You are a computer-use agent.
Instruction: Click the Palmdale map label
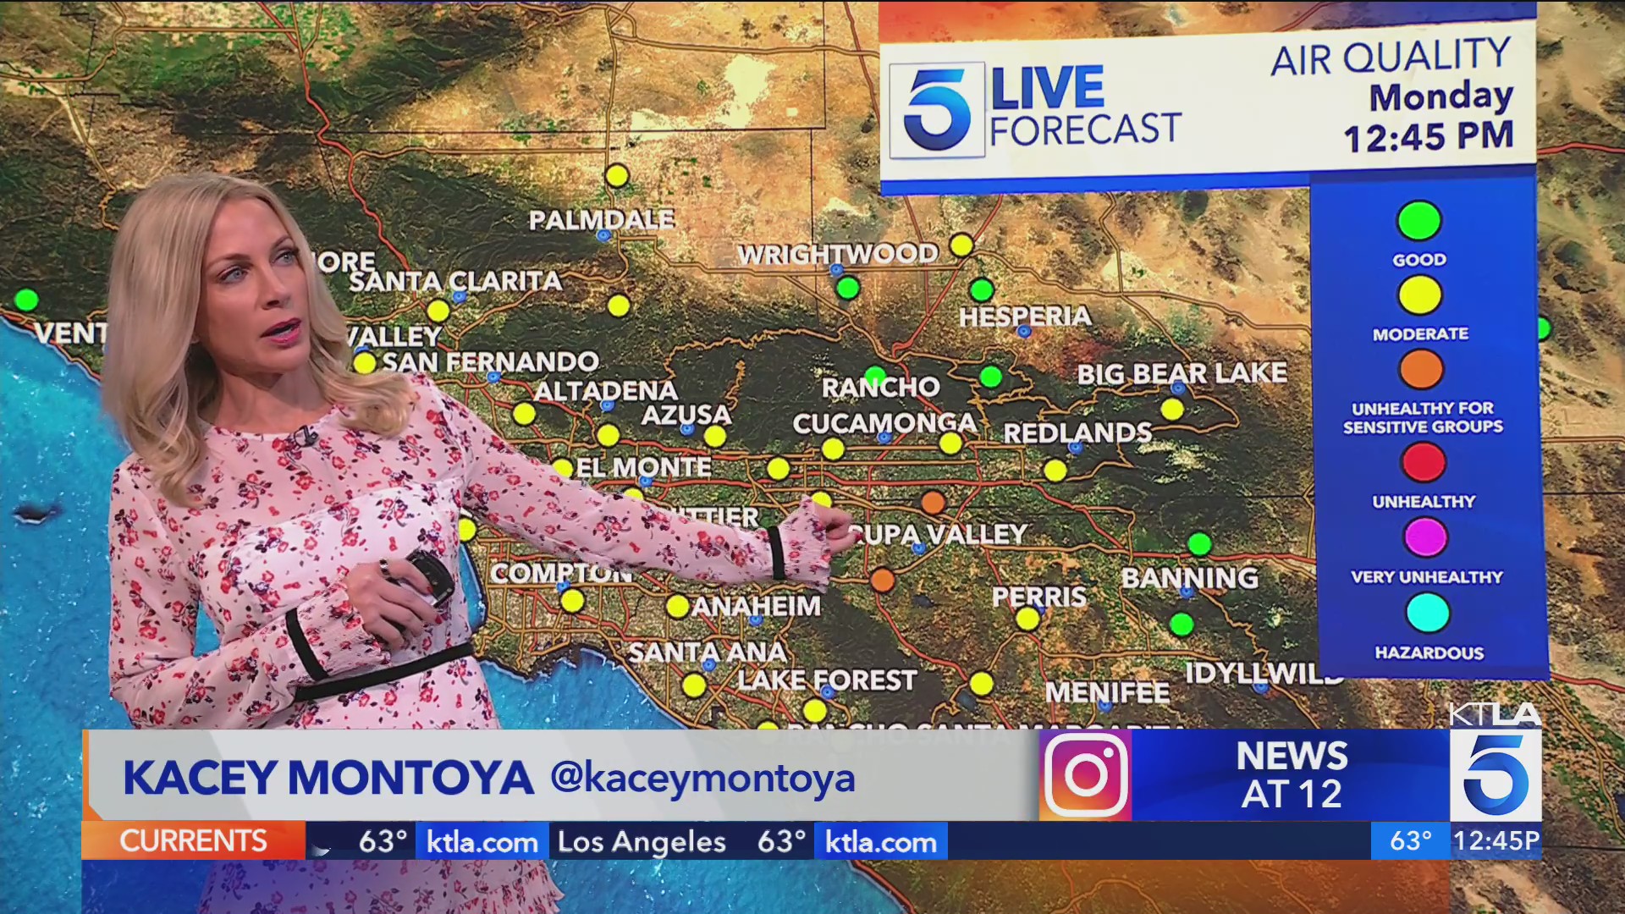pyautogui.click(x=601, y=220)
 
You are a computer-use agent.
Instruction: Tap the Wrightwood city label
pyautogui.click(x=838, y=253)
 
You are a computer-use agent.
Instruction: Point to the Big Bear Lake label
pyautogui.click(x=1182, y=373)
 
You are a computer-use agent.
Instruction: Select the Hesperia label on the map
pyautogui.click(x=1025, y=317)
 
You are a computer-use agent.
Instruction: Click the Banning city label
pyautogui.click(x=1189, y=578)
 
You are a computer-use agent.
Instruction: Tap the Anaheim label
pyautogui.click(x=756, y=606)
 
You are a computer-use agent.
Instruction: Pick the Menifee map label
pyautogui.click(x=1107, y=693)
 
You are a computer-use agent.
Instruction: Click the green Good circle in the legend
pyautogui.click(x=1419, y=221)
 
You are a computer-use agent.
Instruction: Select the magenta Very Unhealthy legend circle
pyautogui.click(x=1425, y=537)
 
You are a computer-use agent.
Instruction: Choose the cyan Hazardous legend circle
pyautogui.click(x=1427, y=613)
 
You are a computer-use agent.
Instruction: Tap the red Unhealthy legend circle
pyautogui.click(x=1424, y=462)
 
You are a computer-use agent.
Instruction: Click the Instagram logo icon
pyautogui.click(x=1086, y=775)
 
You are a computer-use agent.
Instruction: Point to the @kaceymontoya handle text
pyautogui.click(x=702, y=778)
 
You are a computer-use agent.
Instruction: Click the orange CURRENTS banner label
pyautogui.click(x=193, y=840)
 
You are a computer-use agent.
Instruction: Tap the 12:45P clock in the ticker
pyautogui.click(x=1496, y=840)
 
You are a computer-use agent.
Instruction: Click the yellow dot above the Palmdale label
pyautogui.click(x=617, y=176)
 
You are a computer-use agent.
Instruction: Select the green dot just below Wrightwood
pyautogui.click(x=847, y=289)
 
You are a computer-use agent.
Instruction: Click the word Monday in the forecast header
pyautogui.click(x=1440, y=96)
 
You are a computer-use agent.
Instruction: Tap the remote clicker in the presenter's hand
pyautogui.click(x=427, y=575)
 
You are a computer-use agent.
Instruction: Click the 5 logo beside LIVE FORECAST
pyautogui.click(x=936, y=111)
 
